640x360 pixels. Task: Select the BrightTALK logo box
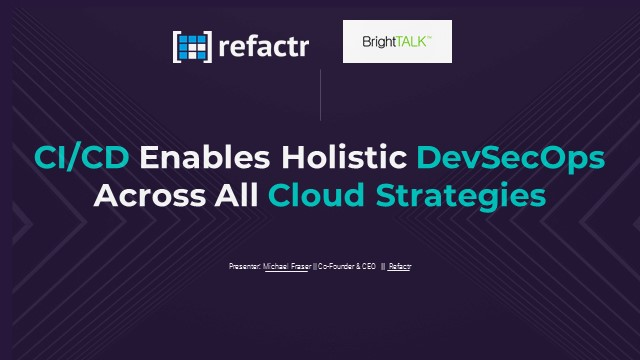[397, 42]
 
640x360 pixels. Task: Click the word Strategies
[459, 195]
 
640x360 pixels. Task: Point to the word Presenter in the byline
[244, 267]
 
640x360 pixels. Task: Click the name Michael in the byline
[275, 267]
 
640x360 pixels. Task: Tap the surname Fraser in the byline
[300, 267]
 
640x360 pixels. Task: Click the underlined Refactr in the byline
[400, 267]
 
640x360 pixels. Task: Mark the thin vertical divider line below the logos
[320, 95]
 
